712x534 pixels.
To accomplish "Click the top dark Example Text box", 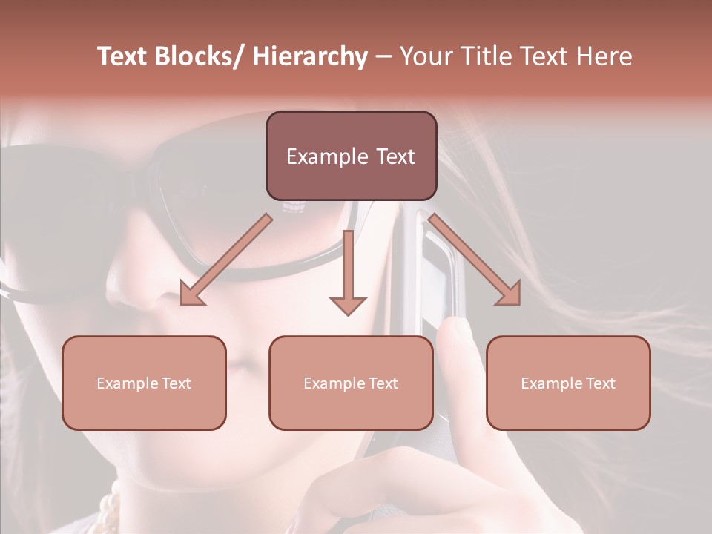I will (351, 156).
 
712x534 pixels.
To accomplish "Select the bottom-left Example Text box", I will (144, 383).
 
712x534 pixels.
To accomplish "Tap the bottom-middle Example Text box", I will (351, 383).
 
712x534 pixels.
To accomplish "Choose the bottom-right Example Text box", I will (568, 383).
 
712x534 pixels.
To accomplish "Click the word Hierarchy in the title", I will (310, 57).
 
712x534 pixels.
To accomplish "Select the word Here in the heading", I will (604, 57).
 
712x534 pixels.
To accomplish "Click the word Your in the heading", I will (424, 57).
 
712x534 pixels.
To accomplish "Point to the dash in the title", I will (383, 57).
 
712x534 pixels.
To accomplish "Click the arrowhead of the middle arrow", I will (348, 304).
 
